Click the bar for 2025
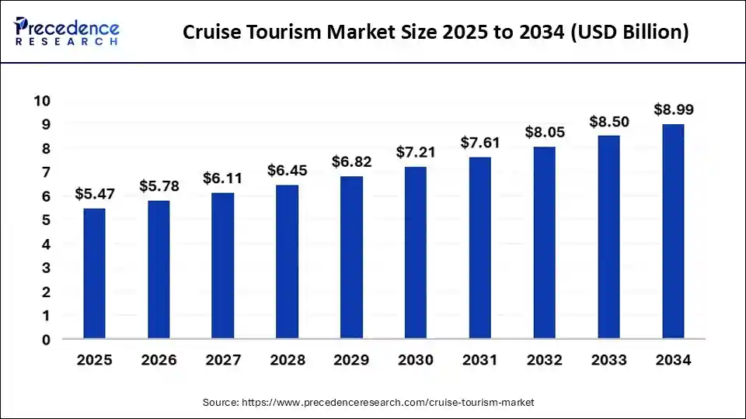pyautogui.click(x=94, y=273)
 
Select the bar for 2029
pyautogui.click(x=351, y=258)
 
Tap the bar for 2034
pyautogui.click(x=673, y=231)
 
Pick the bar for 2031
pyautogui.click(x=479, y=248)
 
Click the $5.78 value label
pyautogui.click(x=159, y=187)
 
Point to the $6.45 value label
pyautogui.click(x=287, y=170)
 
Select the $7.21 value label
pyautogui.click(x=416, y=152)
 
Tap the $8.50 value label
pyautogui.click(x=608, y=122)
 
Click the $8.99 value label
pyautogui.click(x=673, y=110)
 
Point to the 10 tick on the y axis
pyautogui.click(x=42, y=101)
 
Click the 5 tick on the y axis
pyautogui.click(x=46, y=220)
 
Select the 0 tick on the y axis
pyautogui.click(x=46, y=340)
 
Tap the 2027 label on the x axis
pyautogui.click(x=222, y=361)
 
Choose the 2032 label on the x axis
pyautogui.click(x=544, y=361)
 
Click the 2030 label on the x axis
pyautogui.click(x=416, y=361)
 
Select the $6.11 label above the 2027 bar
pyautogui.click(x=222, y=178)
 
